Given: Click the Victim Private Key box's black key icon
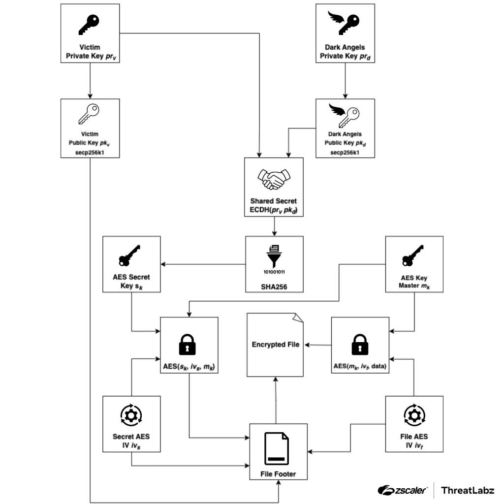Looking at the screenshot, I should tap(90, 24).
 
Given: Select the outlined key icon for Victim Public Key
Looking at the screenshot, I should tap(90, 114).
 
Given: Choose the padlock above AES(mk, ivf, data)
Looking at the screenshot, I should tap(360, 344).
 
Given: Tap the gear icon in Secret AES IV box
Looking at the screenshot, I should tap(131, 415).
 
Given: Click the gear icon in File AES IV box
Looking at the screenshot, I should tap(414, 415).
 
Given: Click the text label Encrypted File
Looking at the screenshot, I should tap(276, 345).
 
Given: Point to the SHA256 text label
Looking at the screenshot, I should tap(275, 284).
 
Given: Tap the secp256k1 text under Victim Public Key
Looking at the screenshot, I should tap(90, 152).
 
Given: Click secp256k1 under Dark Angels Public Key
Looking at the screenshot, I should tap(345, 152).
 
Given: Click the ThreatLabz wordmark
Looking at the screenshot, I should tap(468, 490).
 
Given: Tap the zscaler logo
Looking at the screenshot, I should tap(403, 490).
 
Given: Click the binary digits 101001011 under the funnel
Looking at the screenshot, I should tap(275, 271).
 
